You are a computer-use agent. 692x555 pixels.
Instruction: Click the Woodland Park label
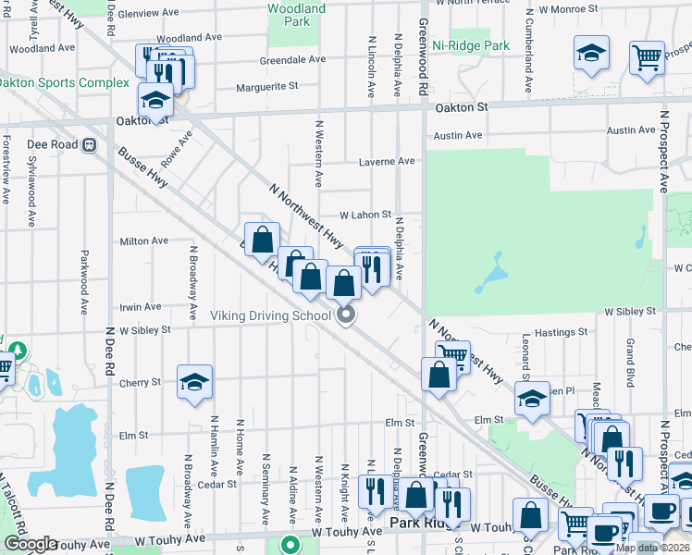point(296,15)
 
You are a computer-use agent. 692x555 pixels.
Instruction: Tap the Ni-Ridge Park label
point(471,45)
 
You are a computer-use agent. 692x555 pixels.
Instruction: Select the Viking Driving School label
point(270,316)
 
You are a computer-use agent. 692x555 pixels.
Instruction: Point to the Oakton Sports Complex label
point(63,82)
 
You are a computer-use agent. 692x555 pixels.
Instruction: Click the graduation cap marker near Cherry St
point(194,383)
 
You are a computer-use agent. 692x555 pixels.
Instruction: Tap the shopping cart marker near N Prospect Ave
point(647,57)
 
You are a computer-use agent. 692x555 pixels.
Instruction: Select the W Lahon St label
point(365,215)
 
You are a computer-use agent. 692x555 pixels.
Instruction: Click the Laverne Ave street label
point(387,161)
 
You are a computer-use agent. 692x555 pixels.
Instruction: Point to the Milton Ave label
point(144,241)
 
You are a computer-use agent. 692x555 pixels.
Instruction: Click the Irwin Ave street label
point(141,307)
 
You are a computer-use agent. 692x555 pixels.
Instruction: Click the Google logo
point(31,544)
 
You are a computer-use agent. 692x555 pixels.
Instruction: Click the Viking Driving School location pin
point(347,316)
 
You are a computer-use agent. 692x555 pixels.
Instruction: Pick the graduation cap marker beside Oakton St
point(155,100)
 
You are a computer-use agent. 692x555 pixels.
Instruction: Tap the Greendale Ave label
point(292,59)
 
